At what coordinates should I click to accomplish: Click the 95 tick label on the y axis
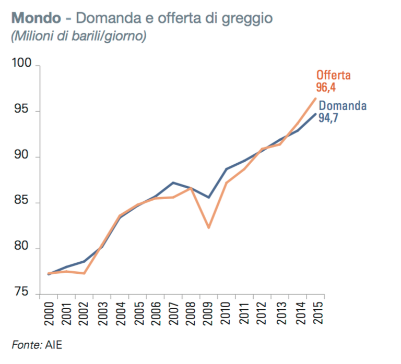coord(25,111)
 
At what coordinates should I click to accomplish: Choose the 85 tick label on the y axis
coord(25,202)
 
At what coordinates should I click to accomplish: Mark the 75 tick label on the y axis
coord(25,294)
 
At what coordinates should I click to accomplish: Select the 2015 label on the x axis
coord(316,313)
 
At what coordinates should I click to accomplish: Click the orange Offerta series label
coord(333,75)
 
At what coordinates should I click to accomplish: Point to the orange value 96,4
coord(326,87)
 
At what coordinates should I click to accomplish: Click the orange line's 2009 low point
coord(209,228)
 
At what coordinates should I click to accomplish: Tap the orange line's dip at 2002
coord(84,273)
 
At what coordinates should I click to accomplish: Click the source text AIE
coord(53,344)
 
